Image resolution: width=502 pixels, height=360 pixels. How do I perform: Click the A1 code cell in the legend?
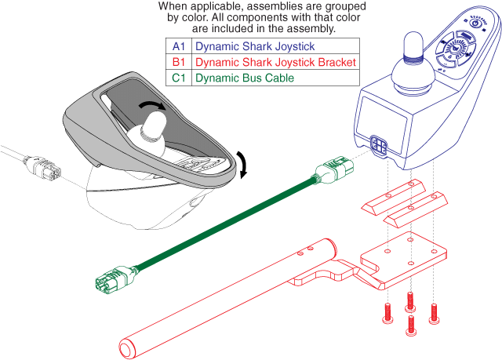coord(178,46)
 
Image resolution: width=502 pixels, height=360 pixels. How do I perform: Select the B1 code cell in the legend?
coord(178,62)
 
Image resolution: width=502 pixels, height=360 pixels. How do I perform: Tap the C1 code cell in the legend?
coord(178,78)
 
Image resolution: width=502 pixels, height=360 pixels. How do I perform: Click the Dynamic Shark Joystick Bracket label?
coord(275,62)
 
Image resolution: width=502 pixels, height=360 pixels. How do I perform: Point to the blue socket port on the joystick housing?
coord(378,144)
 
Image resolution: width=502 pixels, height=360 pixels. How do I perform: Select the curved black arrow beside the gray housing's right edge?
coord(243,165)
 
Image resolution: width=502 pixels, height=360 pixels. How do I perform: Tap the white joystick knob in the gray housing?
coord(153,125)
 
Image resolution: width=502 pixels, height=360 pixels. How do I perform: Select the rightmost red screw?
coord(435,313)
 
